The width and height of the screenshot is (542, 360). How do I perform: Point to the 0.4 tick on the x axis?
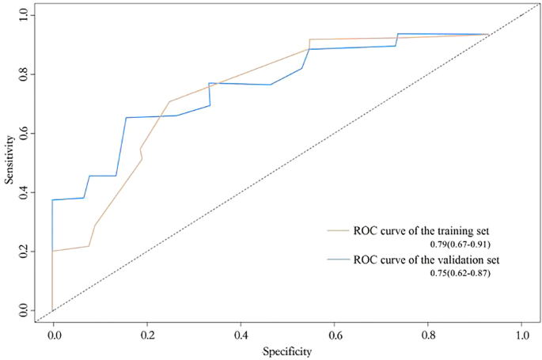pyautogui.click(x=241, y=335)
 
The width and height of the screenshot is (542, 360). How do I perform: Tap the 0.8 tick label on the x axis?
pyautogui.click(x=428, y=335)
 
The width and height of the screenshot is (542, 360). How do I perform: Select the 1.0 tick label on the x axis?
pyautogui.click(x=521, y=335)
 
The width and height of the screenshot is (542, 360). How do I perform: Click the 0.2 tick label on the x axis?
pyautogui.click(x=146, y=335)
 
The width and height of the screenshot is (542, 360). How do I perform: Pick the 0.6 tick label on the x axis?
pyautogui.click(x=334, y=335)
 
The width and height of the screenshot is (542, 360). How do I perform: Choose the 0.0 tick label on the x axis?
pyautogui.click(x=53, y=335)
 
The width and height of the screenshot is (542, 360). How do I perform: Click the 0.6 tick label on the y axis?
pyautogui.click(x=24, y=134)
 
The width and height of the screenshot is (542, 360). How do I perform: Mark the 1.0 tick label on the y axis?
pyautogui.click(x=24, y=15)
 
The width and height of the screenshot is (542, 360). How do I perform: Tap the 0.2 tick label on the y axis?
pyautogui.click(x=24, y=252)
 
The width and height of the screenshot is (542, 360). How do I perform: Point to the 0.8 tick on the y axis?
pyautogui.click(x=24, y=74)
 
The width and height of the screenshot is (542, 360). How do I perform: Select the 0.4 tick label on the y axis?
pyautogui.click(x=24, y=192)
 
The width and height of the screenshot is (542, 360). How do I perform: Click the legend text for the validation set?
pyautogui.click(x=426, y=259)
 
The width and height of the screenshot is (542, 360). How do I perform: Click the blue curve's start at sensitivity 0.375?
pyautogui.click(x=53, y=200)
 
